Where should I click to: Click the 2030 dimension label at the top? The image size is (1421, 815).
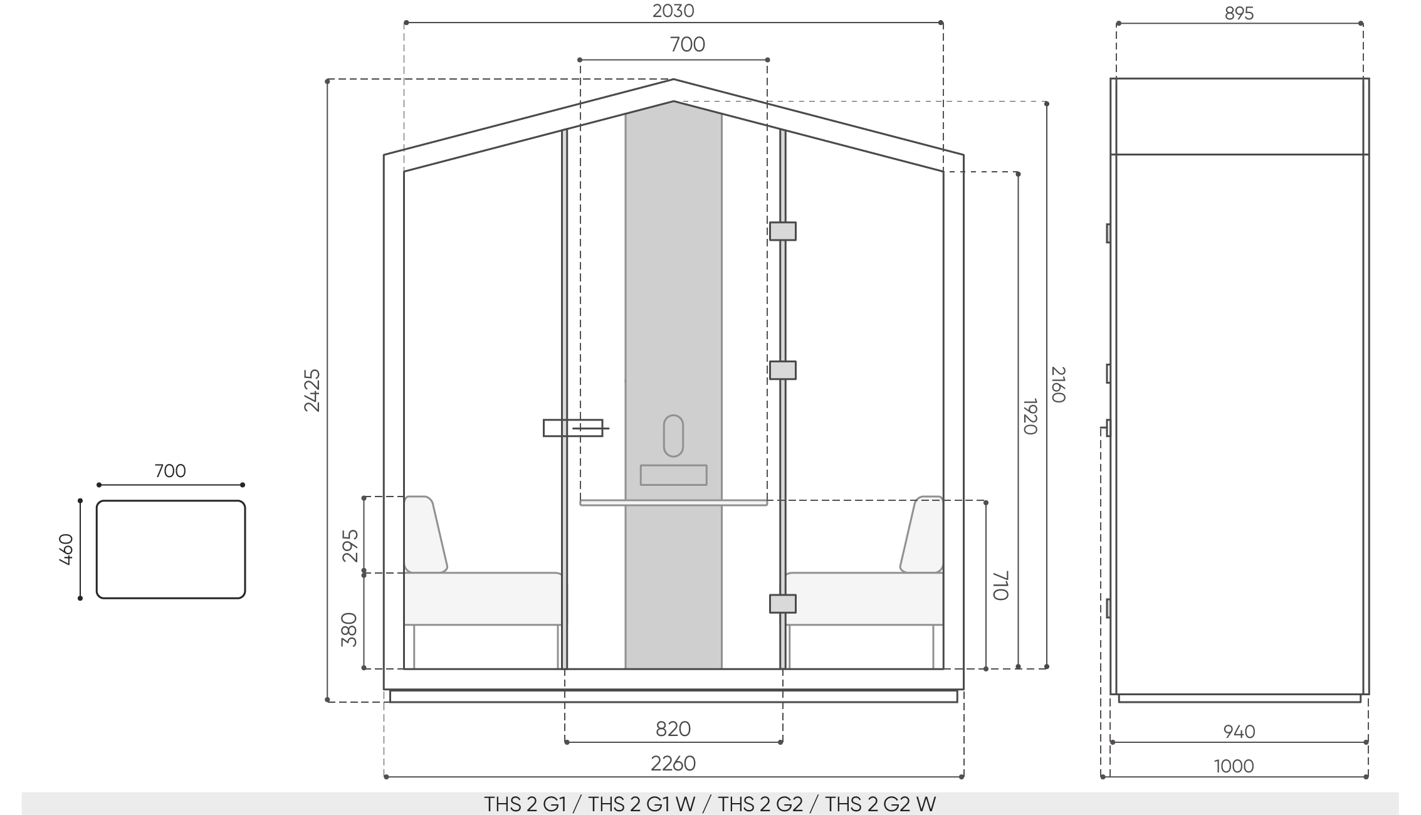click(x=673, y=11)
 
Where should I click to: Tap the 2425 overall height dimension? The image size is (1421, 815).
click(x=312, y=390)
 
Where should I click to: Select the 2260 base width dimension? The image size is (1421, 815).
click(x=673, y=763)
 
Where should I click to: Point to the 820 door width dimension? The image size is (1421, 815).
click(x=673, y=728)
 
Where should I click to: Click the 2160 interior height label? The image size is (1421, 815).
click(x=1057, y=385)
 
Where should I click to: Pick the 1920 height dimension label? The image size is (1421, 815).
click(x=1030, y=416)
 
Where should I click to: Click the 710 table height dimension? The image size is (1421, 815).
click(x=1000, y=585)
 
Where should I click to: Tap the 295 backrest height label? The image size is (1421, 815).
click(x=350, y=545)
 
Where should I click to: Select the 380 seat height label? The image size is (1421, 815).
click(x=349, y=629)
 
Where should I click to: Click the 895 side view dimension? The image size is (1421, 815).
click(x=1239, y=13)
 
